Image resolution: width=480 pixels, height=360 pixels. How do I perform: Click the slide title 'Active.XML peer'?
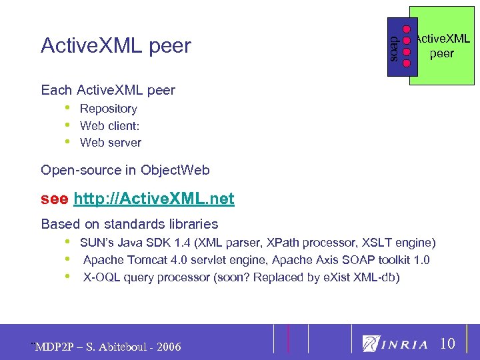click(115, 45)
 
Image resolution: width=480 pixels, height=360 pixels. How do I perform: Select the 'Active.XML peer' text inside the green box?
click(442, 45)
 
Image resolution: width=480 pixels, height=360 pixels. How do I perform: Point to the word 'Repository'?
click(108, 109)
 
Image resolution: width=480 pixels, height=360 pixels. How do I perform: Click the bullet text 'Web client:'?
click(109, 125)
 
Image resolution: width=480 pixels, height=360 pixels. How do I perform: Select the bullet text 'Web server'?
click(110, 142)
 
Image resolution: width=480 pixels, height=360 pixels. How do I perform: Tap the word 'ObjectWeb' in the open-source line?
click(175, 170)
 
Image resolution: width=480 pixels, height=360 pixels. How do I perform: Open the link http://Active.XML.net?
click(154, 198)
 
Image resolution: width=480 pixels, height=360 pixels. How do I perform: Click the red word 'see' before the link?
click(54, 198)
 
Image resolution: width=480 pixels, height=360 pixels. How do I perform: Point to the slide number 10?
click(448, 344)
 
